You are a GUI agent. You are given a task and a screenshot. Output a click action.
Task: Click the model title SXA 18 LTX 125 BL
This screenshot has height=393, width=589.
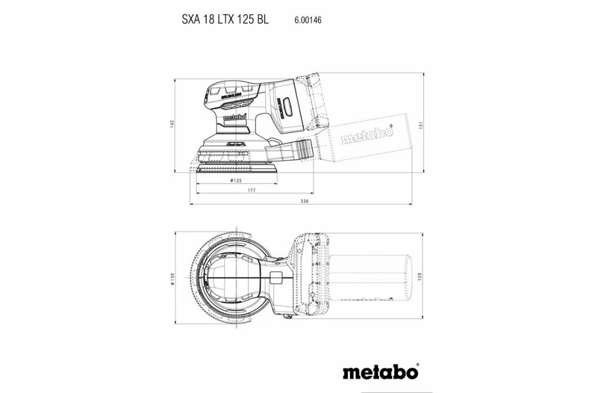(225, 19)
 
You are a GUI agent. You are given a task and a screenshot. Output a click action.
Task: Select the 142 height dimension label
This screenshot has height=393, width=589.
(172, 124)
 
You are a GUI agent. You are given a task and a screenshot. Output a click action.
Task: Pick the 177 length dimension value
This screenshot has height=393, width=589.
(252, 190)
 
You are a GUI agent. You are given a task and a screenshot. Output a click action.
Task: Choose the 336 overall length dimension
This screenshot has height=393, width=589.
(304, 201)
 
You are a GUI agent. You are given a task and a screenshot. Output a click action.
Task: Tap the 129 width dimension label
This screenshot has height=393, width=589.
(421, 276)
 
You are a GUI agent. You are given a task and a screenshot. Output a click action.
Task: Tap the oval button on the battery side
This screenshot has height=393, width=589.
(289, 108)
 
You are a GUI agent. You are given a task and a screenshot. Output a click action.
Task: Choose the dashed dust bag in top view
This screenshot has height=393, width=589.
(368, 277)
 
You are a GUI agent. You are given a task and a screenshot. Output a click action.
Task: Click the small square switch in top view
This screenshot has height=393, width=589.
(275, 277)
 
